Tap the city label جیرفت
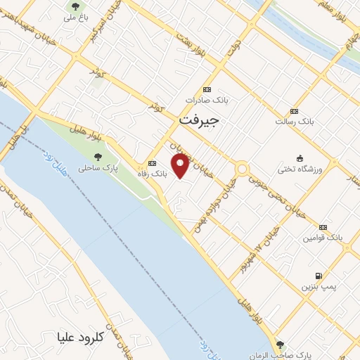coord(199,120)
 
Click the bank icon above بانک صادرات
coord(206,89)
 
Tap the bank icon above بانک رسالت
coord(294,110)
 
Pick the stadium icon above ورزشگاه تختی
coord(301,157)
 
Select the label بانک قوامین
coord(323,238)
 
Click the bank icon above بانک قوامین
coord(323,227)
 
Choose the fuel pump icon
coord(321,276)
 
